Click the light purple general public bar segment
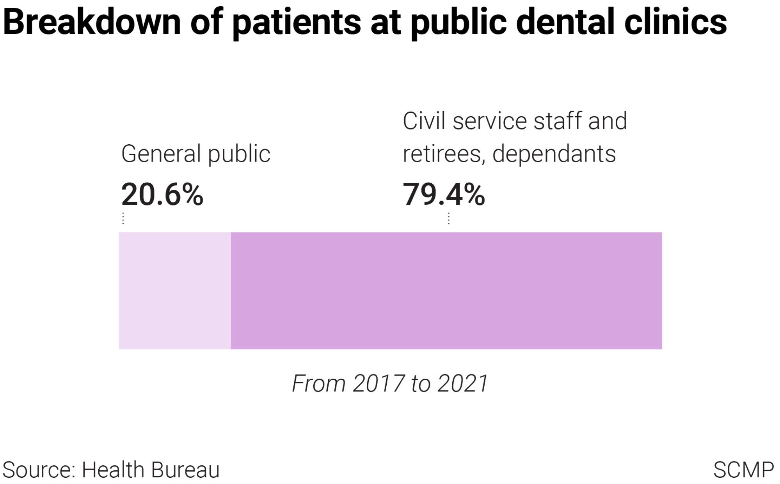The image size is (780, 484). click(174, 291)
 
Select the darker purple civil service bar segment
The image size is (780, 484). click(446, 291)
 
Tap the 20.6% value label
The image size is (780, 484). click(162, 194)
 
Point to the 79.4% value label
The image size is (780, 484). click(444, 194)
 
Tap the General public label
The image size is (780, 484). click(195, 154)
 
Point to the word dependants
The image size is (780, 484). click(554, 154)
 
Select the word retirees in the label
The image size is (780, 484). click(444, 154)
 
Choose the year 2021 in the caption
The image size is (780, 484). click(463, 383)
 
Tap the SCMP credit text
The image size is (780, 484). click(743, 470)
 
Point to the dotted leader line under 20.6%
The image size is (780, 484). click(123, 218)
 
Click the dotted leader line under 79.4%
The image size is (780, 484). click(449, 218)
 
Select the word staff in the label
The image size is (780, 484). click(558, 121)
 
